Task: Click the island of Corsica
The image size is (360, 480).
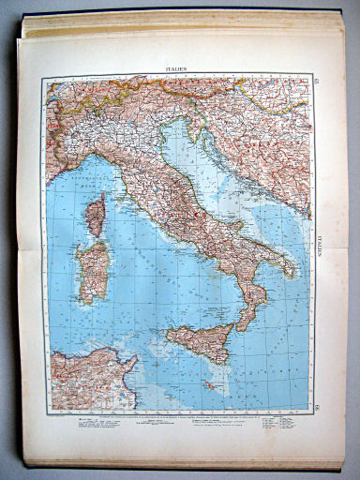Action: pos(96,215)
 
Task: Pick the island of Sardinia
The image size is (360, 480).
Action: pos(94,271)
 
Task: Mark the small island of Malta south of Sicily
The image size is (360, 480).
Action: pos(210,385)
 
